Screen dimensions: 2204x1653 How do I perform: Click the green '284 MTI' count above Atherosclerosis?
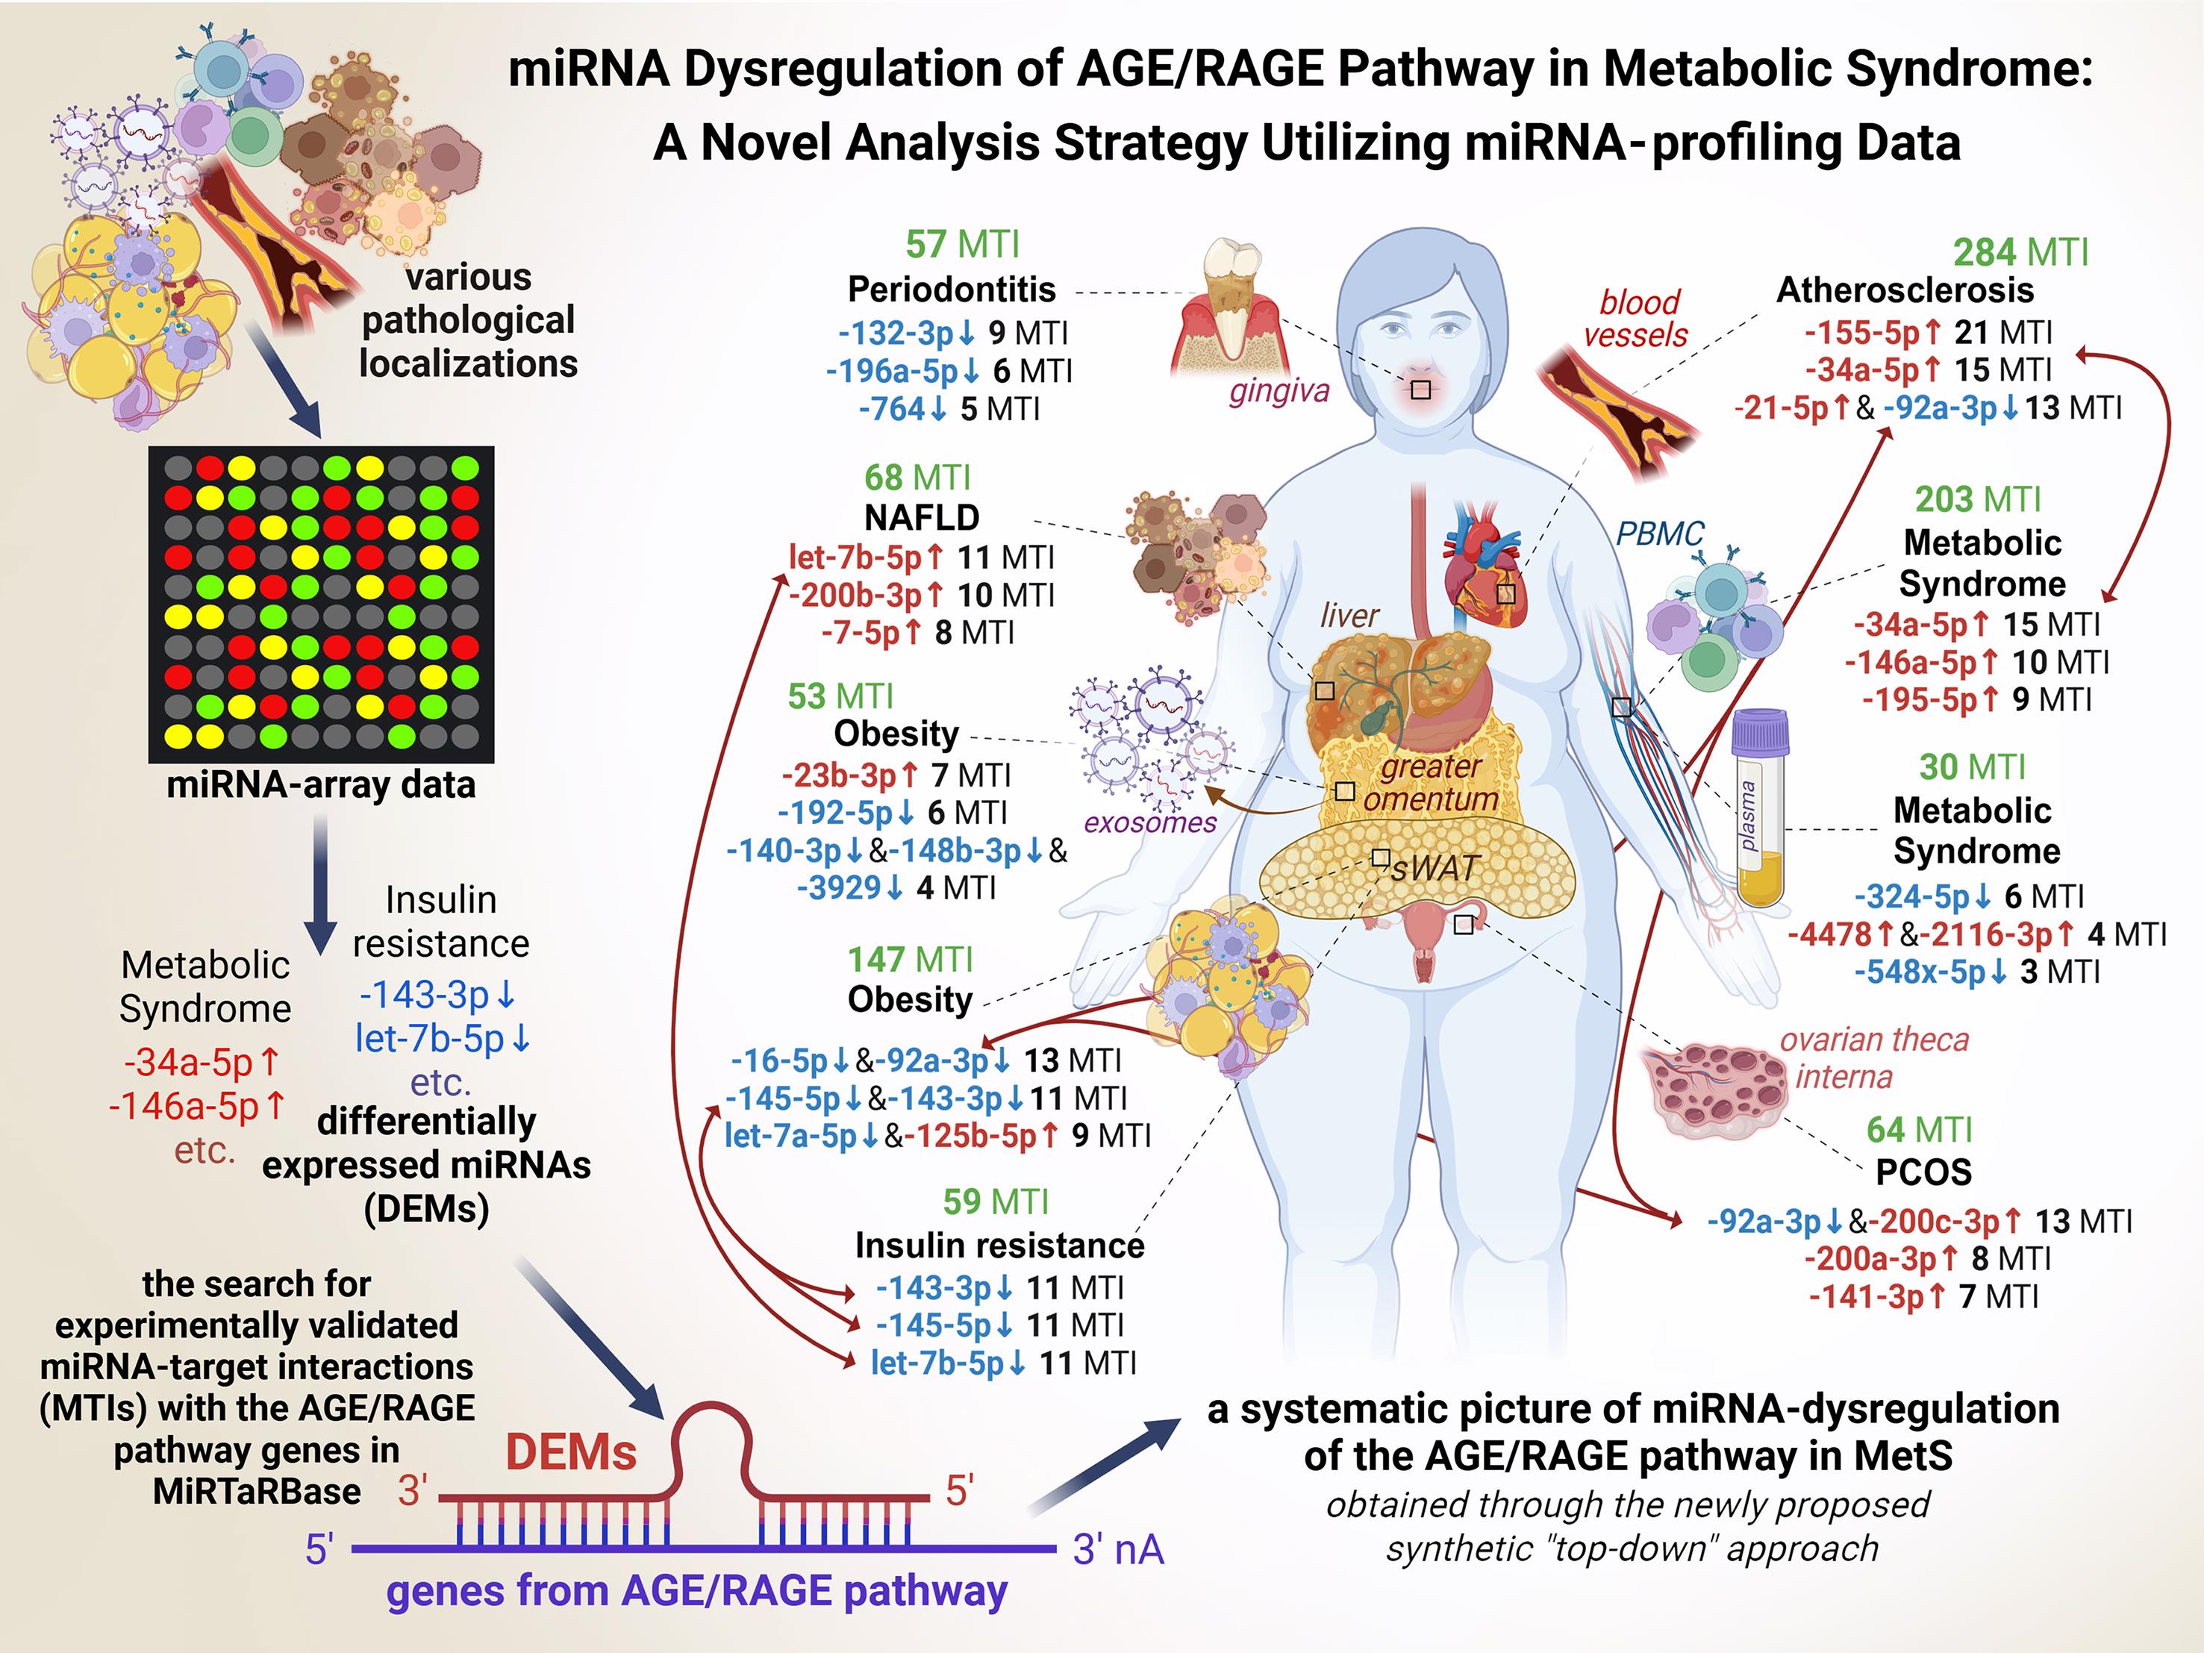tap(2020, 252)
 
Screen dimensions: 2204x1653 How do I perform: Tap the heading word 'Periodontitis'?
tap(952, 289)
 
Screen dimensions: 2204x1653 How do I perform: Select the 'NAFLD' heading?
tap(922, 517)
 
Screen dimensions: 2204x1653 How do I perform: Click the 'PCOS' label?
tap(1923, 1171)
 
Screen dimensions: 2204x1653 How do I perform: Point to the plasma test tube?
tap(1760, 807)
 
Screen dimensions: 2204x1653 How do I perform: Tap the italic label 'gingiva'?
tap(1279, 390)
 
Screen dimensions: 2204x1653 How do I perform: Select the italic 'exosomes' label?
tap(1151, 822)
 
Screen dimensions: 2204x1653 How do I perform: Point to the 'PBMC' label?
tap(1660, 534)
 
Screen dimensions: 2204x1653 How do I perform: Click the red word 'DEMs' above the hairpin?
tap(571, 1453)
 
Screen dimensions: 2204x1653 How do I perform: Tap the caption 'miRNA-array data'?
tap(321, 785)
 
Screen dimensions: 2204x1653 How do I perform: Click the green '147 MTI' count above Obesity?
tap(911, 960)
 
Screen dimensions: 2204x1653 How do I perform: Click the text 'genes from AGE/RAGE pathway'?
tap(696, 1591)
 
